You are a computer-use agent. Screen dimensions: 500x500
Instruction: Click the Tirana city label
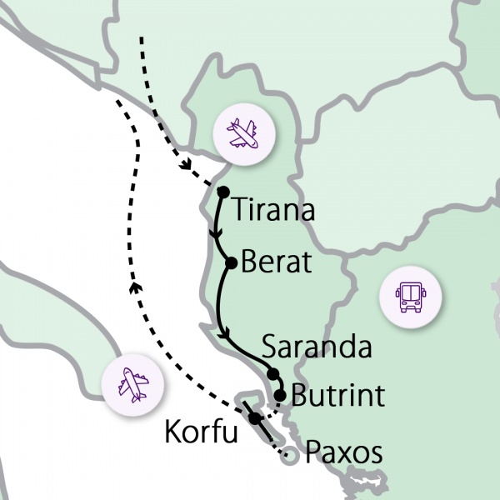pos(273,209)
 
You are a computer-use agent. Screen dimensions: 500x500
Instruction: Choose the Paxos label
pos(343,453)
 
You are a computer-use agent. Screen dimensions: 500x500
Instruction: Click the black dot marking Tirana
pos(222,192)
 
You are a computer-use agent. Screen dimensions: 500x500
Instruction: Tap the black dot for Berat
pos(232,264)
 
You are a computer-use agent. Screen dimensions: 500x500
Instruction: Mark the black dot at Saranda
pos(272,373)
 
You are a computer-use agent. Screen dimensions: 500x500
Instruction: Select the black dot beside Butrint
pos(281,395)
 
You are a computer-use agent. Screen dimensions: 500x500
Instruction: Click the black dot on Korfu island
pos(256,417)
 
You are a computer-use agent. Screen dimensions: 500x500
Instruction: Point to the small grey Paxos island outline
pos(288,455)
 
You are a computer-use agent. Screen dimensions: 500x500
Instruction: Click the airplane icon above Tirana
pos(243,133)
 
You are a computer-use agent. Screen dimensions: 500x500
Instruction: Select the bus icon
pos(410,297)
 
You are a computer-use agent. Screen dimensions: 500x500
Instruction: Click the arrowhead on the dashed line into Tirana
pos(189,164)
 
